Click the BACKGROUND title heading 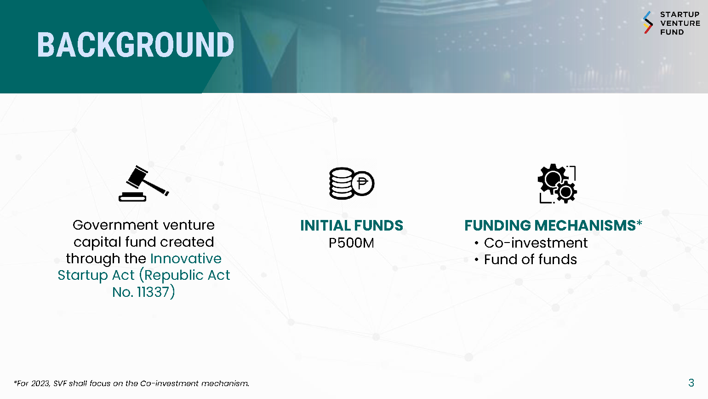click(x=136, y=45)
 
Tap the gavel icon click(x=144, y=184)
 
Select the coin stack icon click(x=351, y=184)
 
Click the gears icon click(x=557, y=184)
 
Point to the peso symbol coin click(x=363, y=183)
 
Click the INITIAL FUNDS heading click(x=351, y=226)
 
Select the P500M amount click(x=351, y=243)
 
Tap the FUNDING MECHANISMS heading click(x=550, y=226)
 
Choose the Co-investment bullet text click(x=536, y=243)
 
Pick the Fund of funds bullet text click(x=531, y=260)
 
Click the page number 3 click(x=691, y=383)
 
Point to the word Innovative click(x=186, y=259)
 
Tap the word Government click(x=116, y=226)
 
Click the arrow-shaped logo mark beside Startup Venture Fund click(x=648, y=23)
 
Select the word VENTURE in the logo click(x=680, y=23)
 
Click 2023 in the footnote click(x=40, y=383)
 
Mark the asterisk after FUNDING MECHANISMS click(x=639, y=223)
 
